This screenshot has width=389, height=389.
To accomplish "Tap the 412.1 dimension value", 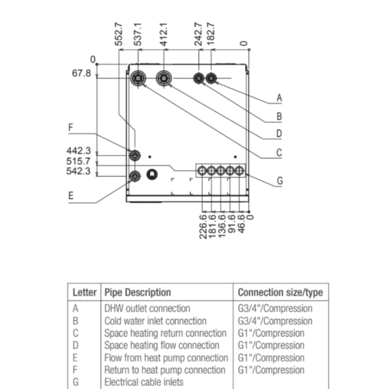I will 164,35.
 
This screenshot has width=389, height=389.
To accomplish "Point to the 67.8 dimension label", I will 81,74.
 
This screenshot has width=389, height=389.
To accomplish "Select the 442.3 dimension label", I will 79,151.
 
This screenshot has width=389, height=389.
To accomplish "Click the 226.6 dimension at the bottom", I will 203,226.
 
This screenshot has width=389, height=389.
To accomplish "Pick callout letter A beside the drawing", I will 279,98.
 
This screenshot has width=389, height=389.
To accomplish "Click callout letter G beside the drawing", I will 280,180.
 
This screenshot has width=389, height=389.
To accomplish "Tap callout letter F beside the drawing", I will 71,128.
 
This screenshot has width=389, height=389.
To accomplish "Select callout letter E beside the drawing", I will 71,196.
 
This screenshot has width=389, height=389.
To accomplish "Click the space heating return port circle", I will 138,78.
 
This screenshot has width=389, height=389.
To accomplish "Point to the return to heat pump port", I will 135,156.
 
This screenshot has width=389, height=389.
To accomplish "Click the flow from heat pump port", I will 135,176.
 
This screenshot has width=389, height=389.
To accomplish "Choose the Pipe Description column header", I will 138,292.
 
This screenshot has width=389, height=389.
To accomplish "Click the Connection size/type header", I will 281,292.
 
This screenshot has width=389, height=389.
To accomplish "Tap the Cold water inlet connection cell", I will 155,321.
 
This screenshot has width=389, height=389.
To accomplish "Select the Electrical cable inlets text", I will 144,382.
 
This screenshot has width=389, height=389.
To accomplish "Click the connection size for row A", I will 275,309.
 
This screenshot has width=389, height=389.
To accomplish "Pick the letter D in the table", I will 76,345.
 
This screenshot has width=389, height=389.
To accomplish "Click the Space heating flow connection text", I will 162,345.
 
